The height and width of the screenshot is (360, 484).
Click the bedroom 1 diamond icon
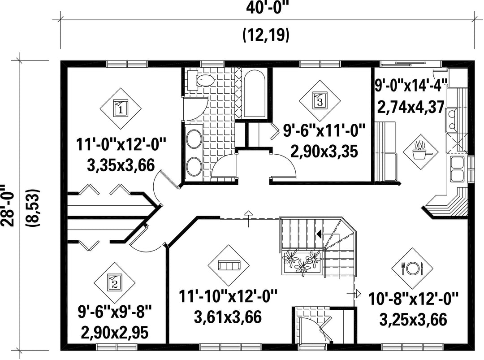[x=121, y=108]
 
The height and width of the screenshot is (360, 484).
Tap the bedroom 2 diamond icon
[x=115, y=283]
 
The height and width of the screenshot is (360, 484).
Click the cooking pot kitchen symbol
[x=420, y=152]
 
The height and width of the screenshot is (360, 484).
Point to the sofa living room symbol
[x=229, y=265]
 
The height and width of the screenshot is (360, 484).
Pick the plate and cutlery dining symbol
[x=412, y=268]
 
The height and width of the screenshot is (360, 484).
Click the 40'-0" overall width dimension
[x=268, y=8]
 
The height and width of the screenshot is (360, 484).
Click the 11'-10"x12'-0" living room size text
[x=229, y=296]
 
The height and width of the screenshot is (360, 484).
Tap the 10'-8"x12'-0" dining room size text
[x=414, y=299]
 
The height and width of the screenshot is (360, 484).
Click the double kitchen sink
[x=457, y=169]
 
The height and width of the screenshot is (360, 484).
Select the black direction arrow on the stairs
[x=319, y=234]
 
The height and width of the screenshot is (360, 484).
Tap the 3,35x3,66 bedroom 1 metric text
[x=121, y=165]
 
